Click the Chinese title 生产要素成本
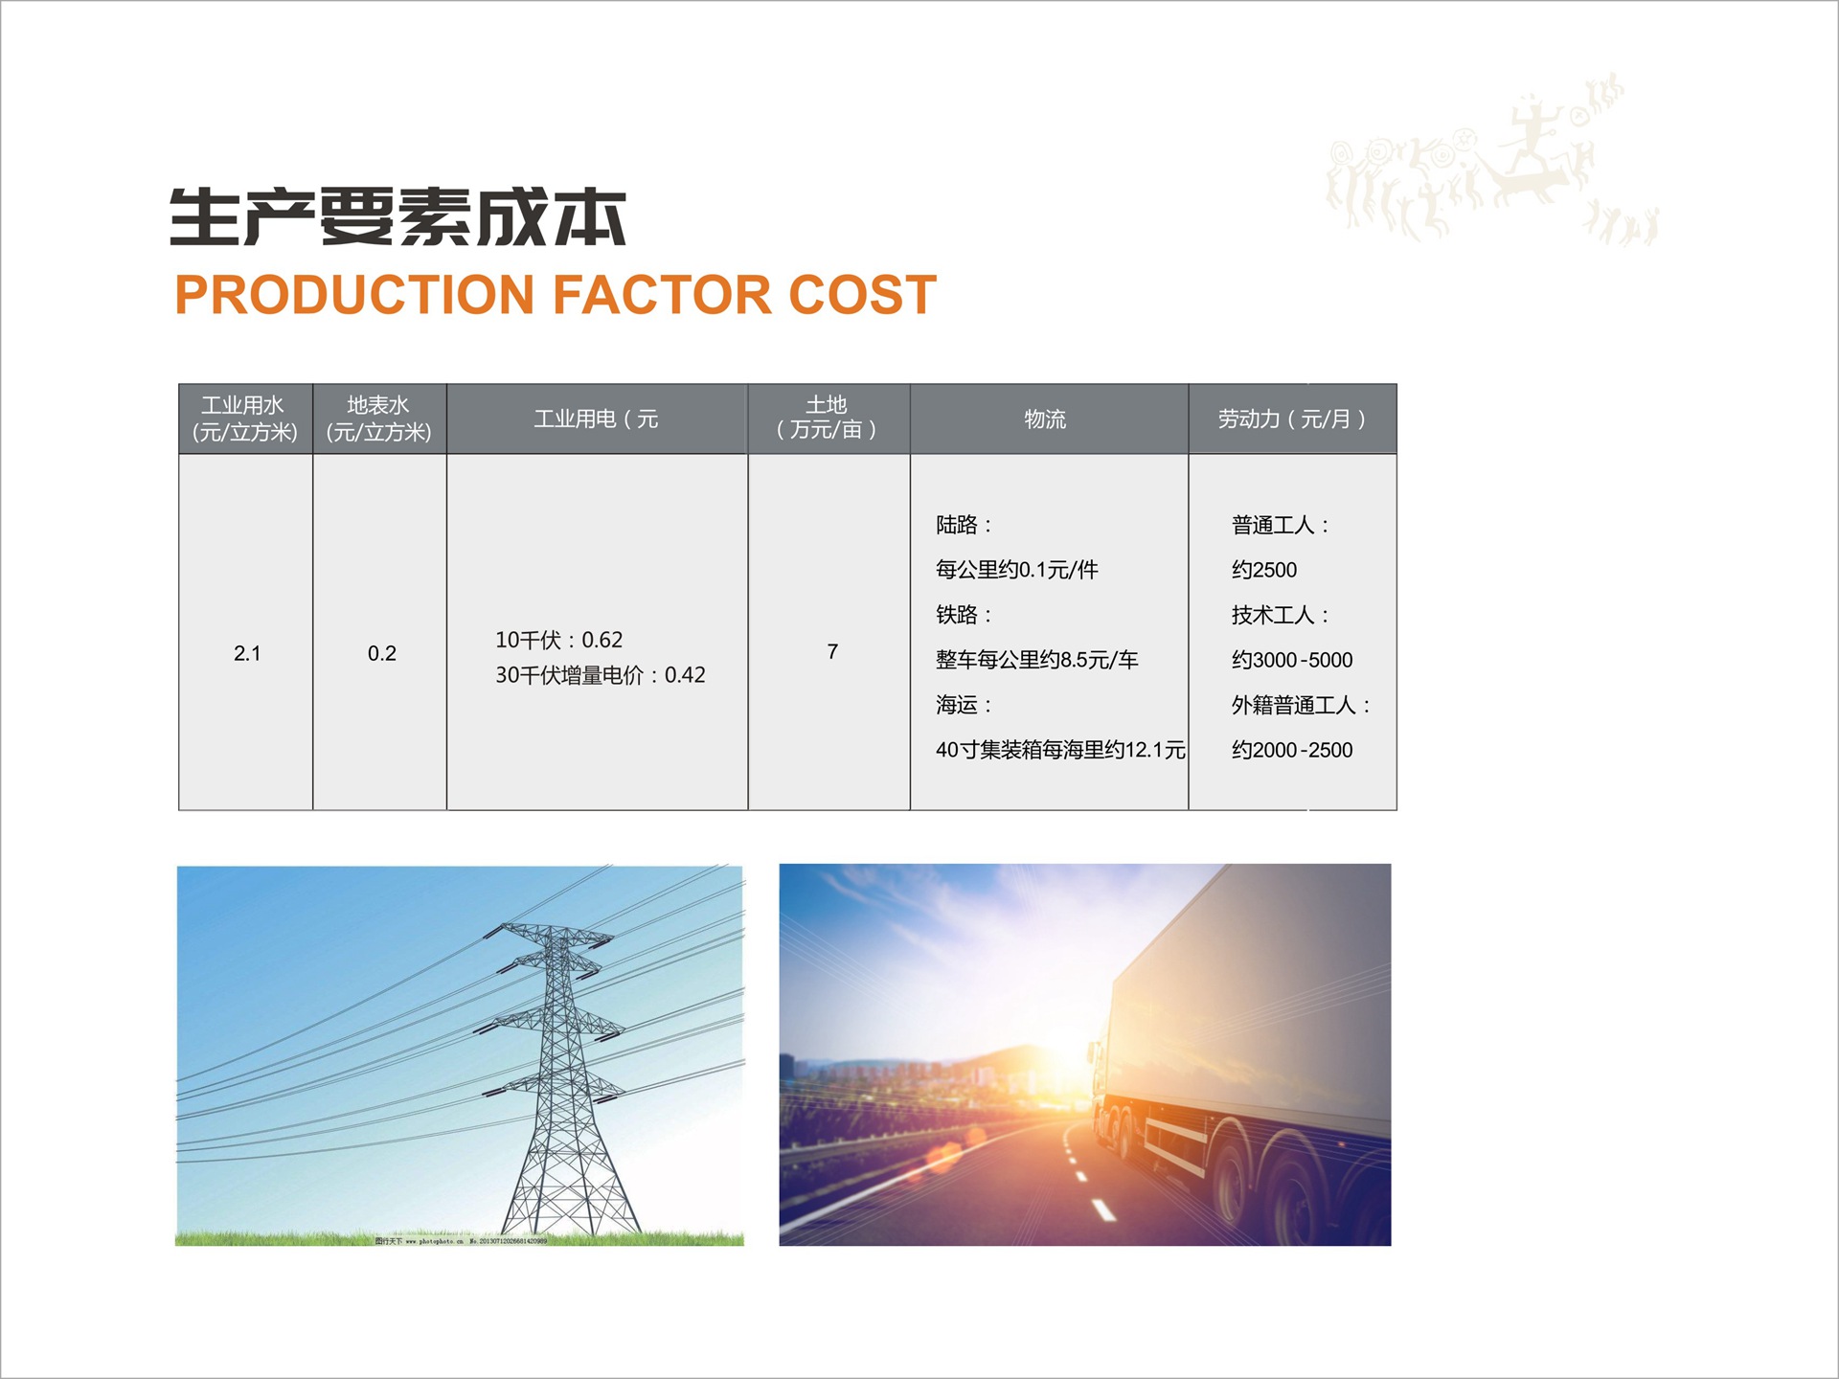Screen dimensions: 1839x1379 pyautogui.click(x=397, y=216)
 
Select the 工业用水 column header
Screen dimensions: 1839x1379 pyautogui.click(x=245, y=418)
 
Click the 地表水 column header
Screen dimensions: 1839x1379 pyautogui.click(x=379, y=418)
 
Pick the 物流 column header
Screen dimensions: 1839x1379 pyautogui.click(x=1045, y=419)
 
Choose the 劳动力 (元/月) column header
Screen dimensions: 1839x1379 pyautogui.click(x=1292, y=419)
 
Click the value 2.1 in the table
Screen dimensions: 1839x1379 pyautogui.click(x=247, y=653)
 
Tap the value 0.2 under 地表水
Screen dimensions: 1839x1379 pyautogui.click(x=381, y=653)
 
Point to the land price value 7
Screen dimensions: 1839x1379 pyautogui.click(x=832, y=652)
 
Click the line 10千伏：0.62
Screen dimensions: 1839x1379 pyautogui.click(x=558, y=640)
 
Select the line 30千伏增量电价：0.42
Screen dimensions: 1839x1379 pyautogui.click(x=600, y=675)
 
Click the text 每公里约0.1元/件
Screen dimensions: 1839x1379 pyautogui.click(x=1016, y=570)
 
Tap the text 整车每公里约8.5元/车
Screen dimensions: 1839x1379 pyautogui.click(x=1036, y=660)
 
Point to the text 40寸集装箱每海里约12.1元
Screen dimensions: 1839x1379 pyautogui.click(x=1060, y=750)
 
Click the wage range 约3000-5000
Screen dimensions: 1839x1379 pyautogui.click(x=1292, y=660)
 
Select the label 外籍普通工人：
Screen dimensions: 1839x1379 pyautogui.click(x=1301, y=706)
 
